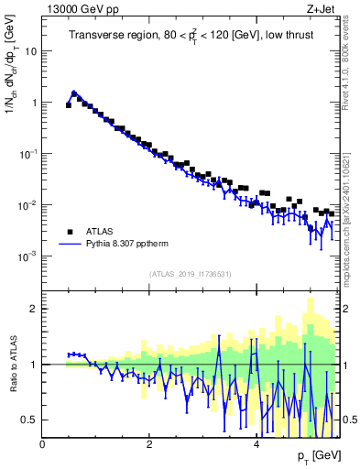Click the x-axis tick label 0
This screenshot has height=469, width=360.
click(43, 443)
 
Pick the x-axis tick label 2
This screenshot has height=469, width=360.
click(149, 443)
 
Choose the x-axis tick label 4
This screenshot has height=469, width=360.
click(256, 443)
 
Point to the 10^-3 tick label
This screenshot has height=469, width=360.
click(27, 256)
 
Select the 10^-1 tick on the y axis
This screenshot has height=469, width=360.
click(27, 154)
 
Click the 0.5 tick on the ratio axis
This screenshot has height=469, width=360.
click(30, 420)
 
